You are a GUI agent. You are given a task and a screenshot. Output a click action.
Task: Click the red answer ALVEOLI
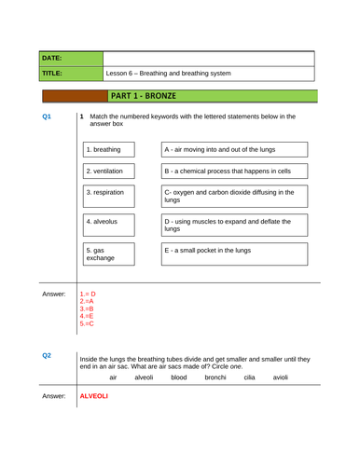click(93, 396)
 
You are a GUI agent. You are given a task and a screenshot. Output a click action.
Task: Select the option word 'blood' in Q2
click(179, 377)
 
